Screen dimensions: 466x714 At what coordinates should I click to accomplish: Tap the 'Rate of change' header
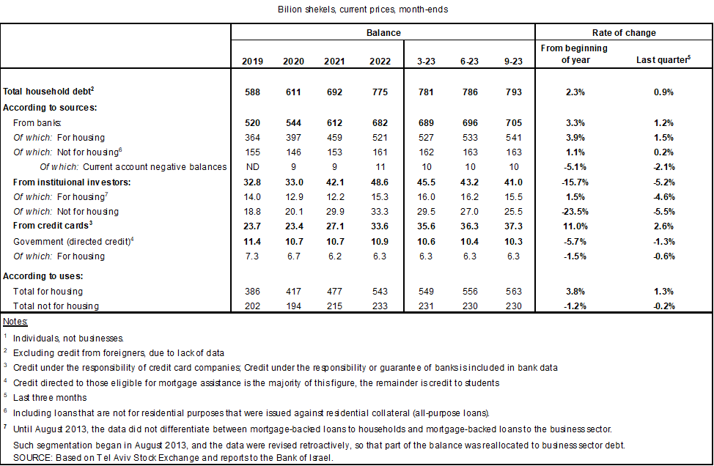click(624, 33)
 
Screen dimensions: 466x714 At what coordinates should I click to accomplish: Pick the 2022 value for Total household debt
click(376, 92)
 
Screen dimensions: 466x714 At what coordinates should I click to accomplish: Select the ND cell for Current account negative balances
click(252, 167)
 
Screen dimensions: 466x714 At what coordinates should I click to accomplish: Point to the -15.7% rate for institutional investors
click(575, 182)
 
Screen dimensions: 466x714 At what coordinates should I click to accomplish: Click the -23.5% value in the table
click(575, 212)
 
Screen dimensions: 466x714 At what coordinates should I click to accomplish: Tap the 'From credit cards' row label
click(49, 226)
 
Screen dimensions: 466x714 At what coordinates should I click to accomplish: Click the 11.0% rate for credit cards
click(575, 226)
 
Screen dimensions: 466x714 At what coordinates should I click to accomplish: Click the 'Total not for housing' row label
click(56, 305)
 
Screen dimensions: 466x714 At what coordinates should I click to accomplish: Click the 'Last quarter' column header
click(663, 60)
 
